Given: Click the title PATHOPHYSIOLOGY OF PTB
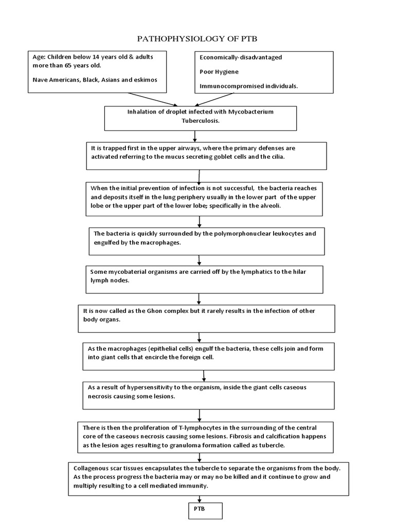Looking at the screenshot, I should click(198, 39).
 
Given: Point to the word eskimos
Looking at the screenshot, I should click(143, 80).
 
